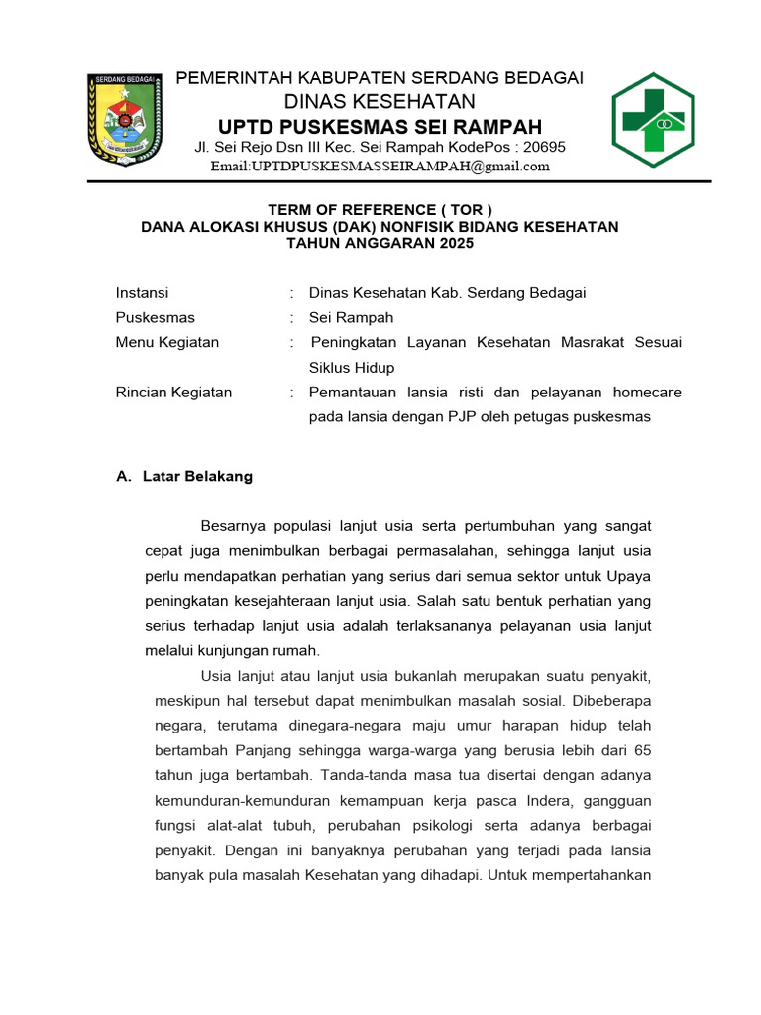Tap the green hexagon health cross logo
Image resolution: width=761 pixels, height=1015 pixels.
(652, 120)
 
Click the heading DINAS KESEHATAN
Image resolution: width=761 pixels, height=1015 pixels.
(380, 102)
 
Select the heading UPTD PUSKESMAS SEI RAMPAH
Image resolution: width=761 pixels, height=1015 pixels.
(380, 127)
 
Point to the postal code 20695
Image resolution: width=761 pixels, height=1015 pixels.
(544, 147)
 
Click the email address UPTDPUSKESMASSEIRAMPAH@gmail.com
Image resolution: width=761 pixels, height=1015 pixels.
(380, 166)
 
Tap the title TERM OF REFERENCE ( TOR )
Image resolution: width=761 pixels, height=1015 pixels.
(380, 209)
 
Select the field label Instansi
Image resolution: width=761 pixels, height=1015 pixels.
(142, 293)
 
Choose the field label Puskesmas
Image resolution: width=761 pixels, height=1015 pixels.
(155, 318)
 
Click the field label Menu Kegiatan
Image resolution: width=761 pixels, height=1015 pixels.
(166, 343)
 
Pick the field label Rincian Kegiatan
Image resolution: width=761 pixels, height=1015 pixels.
(173, 393)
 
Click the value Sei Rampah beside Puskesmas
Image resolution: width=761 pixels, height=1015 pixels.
(351, 318)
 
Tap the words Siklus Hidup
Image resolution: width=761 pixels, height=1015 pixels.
(351, 368)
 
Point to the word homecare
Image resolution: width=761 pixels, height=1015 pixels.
(648, 393)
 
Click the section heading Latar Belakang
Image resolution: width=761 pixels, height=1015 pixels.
(197, 476)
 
